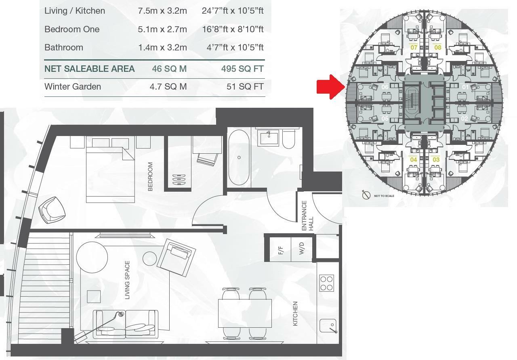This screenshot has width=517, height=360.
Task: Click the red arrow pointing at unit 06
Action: [x=329, y=86]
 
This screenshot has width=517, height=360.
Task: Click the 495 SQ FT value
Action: [x=242, y=69]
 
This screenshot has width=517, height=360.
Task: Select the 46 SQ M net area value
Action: [x=169, y=69]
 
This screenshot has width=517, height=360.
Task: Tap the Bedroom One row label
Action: [x=72, y=29]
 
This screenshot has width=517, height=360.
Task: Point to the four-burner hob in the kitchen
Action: [x=326, y=283]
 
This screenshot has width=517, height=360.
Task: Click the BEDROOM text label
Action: [x=150, y=176]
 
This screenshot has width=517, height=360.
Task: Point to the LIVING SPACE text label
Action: [x=127, y=280]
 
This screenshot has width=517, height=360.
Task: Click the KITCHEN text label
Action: [x=295, y=314]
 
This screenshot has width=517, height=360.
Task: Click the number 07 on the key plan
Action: [x=414, y=48]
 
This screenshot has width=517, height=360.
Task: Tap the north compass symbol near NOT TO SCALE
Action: [x=366, y=195]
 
